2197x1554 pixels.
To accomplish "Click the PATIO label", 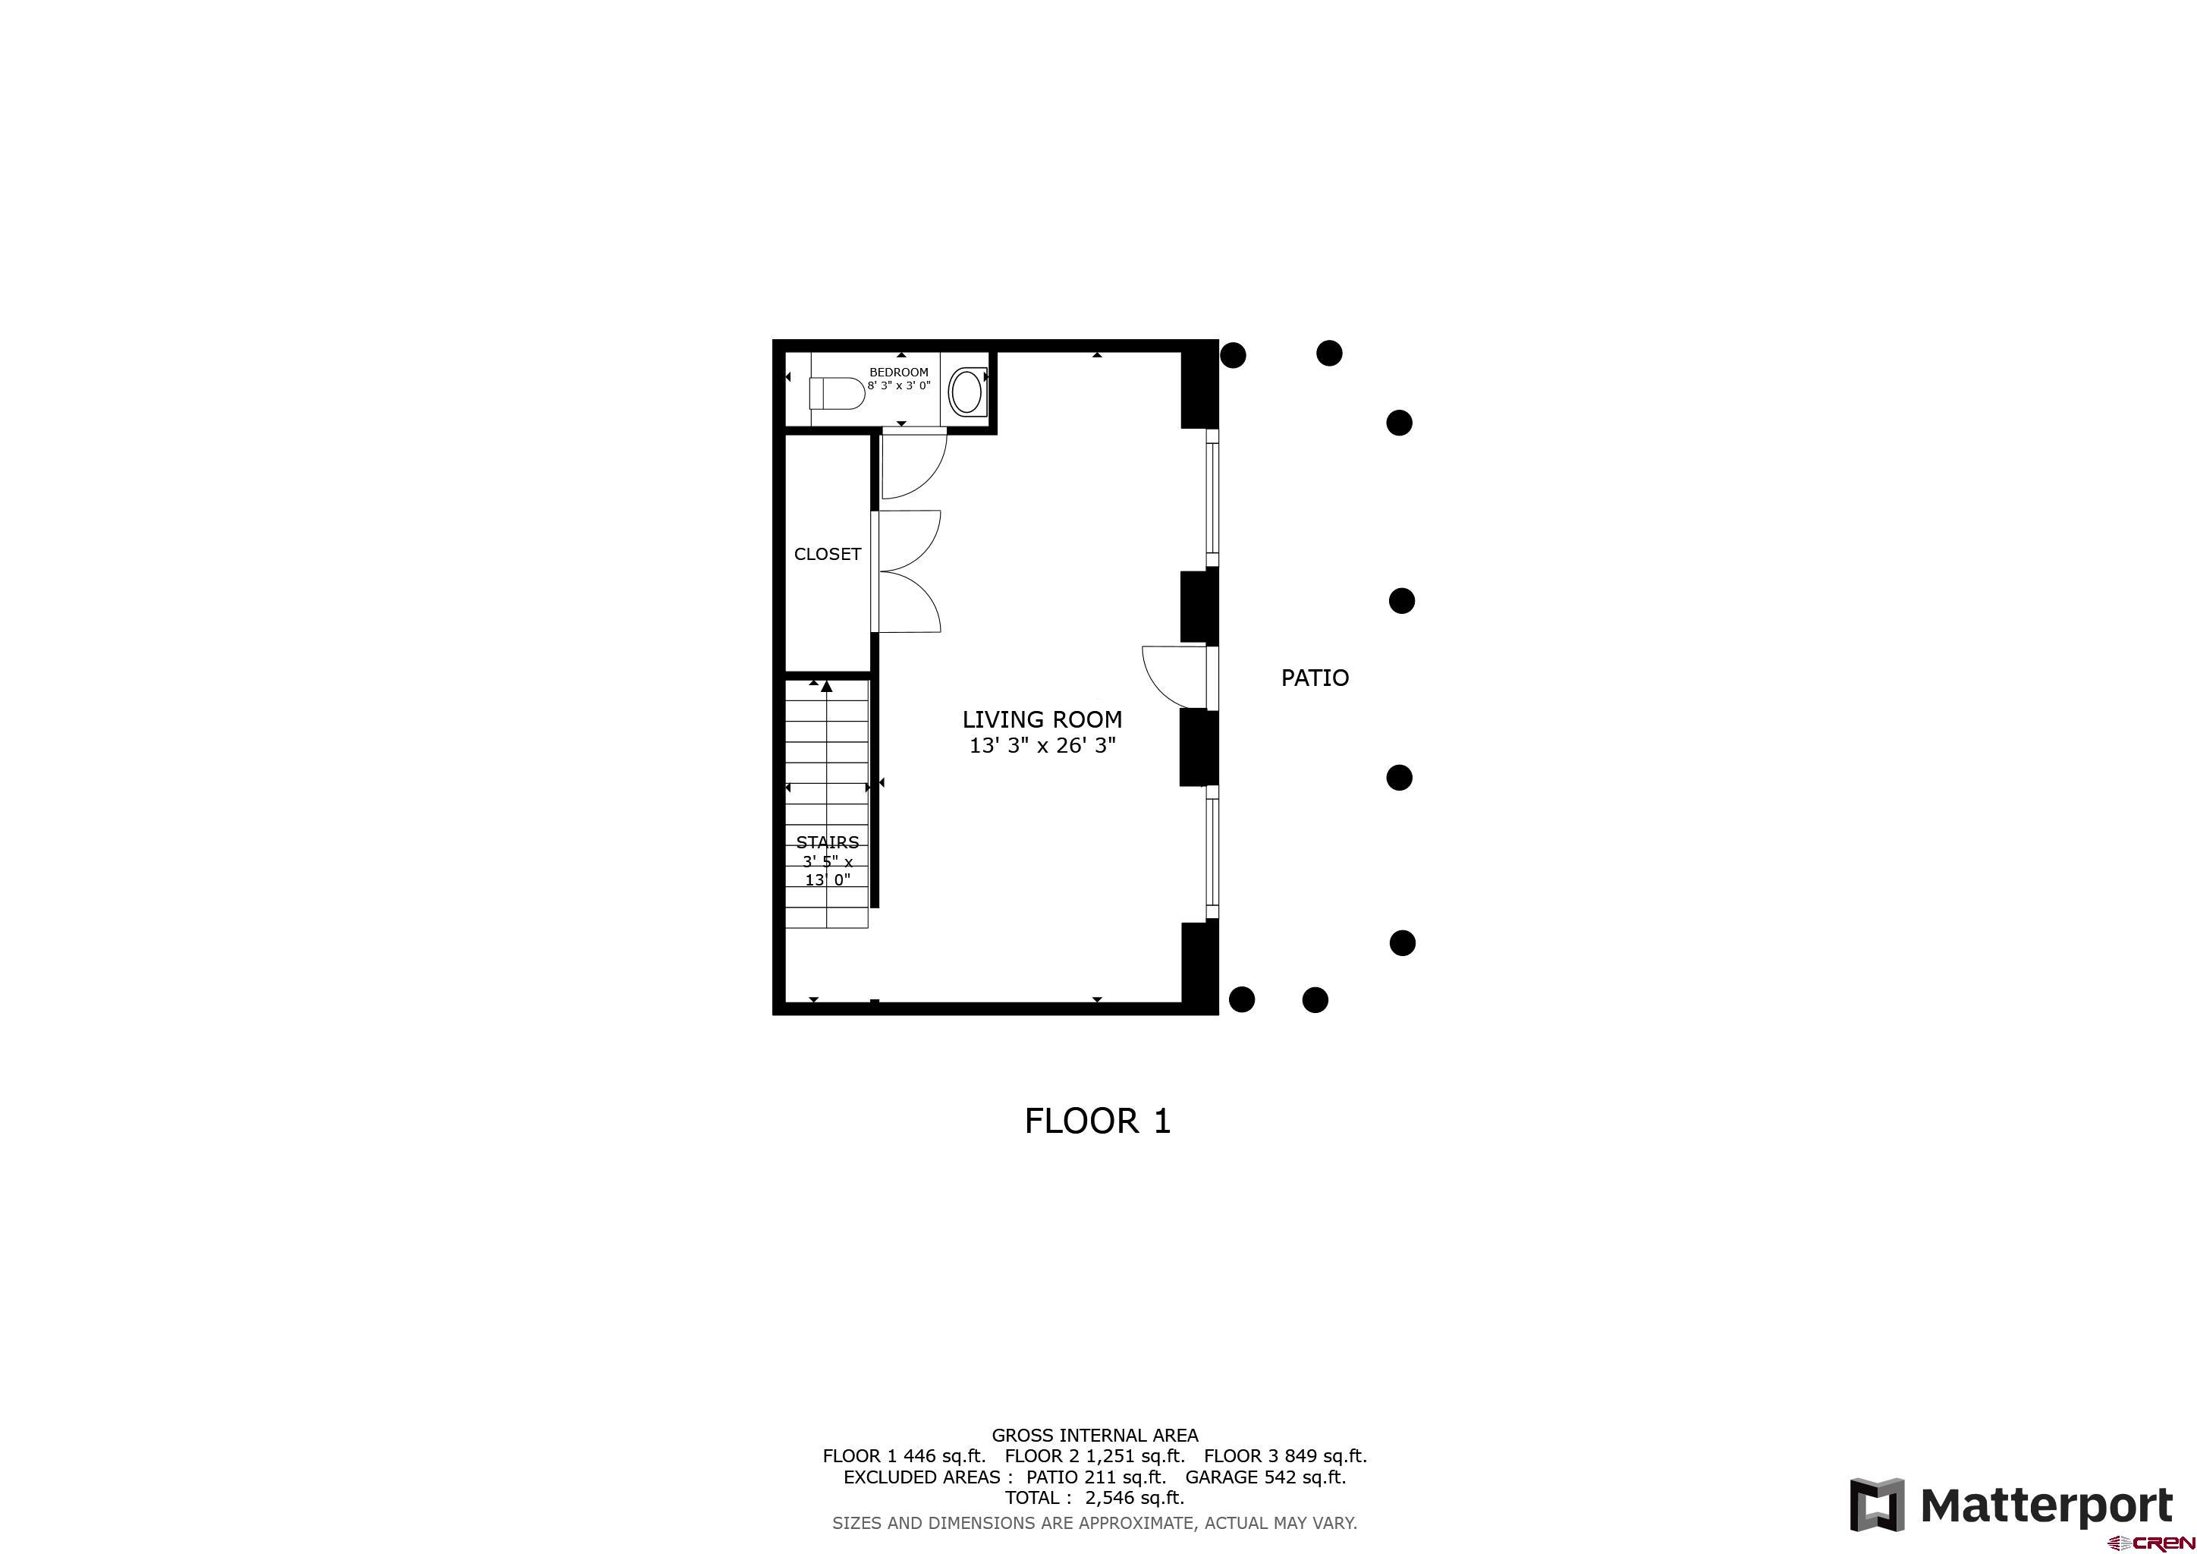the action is pos(1315,678).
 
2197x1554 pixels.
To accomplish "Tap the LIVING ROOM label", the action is pos(1042,719).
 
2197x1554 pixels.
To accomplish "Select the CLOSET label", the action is pos(828,554).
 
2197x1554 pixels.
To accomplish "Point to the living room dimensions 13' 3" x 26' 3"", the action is pos(1042,745).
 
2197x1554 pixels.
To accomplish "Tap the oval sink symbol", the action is pos(966,392).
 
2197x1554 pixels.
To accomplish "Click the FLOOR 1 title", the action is pos(1098,1121).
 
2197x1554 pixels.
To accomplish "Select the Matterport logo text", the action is pos(2047,1506).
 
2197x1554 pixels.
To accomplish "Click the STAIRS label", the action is pos(828,842).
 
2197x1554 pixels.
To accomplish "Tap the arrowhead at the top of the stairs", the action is pos(827,686).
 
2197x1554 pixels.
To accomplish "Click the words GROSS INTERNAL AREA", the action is pos(1095,1436).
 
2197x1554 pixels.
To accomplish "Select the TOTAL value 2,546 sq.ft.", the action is pos(1135,1498).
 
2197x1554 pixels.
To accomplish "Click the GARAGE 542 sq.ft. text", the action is pos(1265,1477).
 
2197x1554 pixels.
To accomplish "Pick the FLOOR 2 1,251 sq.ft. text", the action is pos(1094,1455).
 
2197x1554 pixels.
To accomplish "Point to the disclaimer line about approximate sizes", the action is pos(1095,1522).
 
